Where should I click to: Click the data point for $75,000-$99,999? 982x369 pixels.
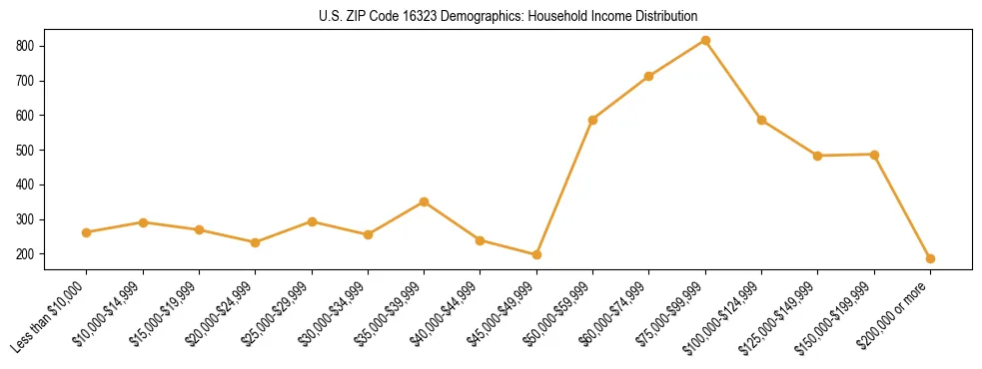tap(705, 41)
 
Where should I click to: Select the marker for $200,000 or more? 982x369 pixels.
tap(930, 259)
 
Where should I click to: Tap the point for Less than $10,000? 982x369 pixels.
tap(87, 232)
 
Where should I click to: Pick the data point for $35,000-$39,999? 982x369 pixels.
tap(425, 201)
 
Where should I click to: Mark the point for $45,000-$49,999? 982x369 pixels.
tap(536, 254)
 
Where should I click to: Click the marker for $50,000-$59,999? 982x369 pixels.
tap(593, 120)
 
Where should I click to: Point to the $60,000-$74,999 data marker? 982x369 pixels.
tap(649, 76)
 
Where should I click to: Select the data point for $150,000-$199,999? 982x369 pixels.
tap(874, 155)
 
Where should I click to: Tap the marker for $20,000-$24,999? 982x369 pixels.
tap(256, 242)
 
